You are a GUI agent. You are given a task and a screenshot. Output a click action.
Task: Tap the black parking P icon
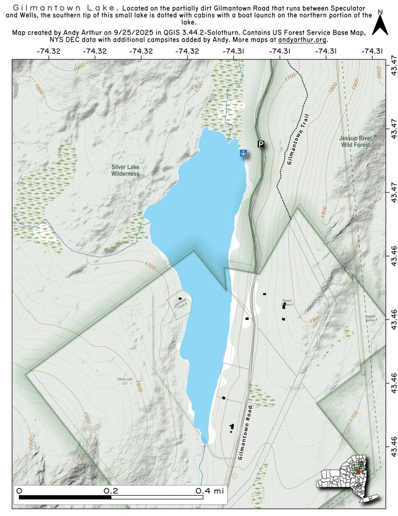click(261, 144)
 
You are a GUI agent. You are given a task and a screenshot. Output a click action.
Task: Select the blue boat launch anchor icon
click(243, 153)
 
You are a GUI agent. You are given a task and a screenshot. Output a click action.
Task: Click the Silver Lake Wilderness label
click(125, 170)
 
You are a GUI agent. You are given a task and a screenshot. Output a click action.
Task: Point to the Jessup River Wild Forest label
click(354, 141)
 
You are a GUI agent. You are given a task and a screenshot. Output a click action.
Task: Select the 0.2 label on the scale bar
click(111, 490)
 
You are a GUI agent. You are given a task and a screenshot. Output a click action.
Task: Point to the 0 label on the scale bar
click(19, 490)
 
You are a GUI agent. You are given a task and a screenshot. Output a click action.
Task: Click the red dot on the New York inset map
click(358, 472)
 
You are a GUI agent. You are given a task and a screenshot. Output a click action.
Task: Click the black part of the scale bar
click(65, 497)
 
